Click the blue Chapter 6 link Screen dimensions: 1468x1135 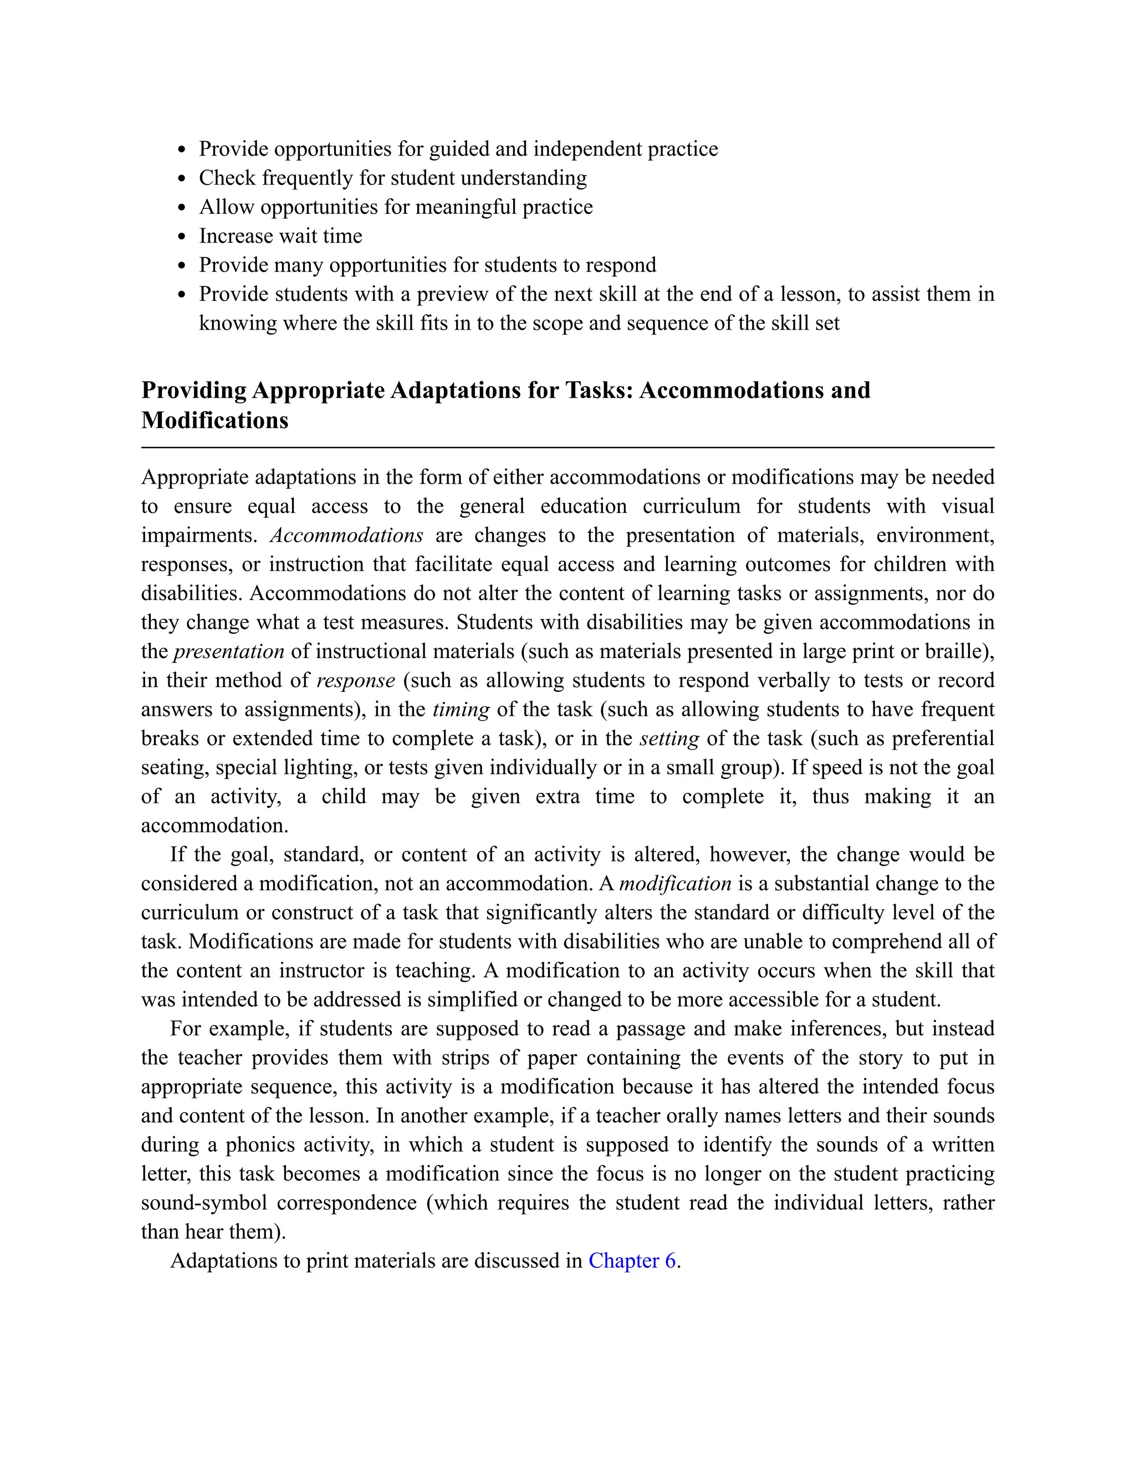[x=632, y=1260]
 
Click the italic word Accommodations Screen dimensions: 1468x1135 [x=346, y=535]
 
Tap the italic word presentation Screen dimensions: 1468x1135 [x=229, y=651]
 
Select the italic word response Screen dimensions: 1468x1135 [x=356, y=680]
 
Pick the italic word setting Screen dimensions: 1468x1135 [x=669, y=738]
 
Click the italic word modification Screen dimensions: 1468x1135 [x=675, y=883]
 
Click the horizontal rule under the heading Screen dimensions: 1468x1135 [x=567, y=447]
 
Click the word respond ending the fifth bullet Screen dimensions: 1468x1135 [x=621, y=265]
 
